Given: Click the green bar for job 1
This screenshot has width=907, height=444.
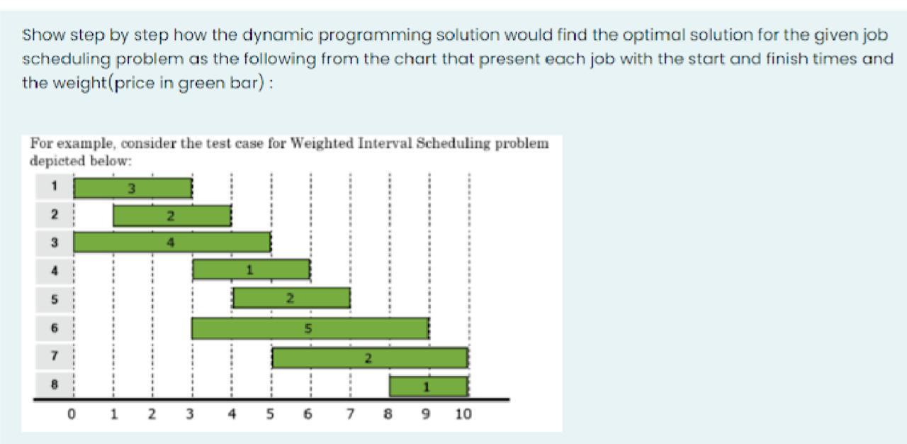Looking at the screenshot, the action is pos(133,189).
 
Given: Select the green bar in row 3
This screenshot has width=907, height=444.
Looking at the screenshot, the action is pos(172,243).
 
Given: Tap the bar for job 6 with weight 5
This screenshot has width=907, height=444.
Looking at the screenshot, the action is pos(310,328).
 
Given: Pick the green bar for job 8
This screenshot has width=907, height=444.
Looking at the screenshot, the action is pos(429,387).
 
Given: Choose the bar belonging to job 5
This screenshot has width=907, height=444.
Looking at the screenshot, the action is pos(291,298).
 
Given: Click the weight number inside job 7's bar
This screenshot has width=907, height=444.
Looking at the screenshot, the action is pos(368,358).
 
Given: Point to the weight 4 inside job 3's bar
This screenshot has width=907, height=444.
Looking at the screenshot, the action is pos(171,243).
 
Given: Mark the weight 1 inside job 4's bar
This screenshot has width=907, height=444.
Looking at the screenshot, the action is pos(250,270).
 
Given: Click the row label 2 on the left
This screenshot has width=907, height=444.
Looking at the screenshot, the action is pos(55,214).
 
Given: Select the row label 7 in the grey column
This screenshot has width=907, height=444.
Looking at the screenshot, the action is pos(55,355).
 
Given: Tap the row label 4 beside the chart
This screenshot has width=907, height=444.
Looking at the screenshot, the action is pos(55,270).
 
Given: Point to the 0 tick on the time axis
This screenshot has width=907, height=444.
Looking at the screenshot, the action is pos(72,414).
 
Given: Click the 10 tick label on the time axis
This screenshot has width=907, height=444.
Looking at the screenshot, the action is pos(463,414).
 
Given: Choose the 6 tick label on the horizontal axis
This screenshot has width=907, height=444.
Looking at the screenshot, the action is pos(308,414).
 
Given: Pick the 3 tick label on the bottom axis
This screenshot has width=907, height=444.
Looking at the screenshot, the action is pos(189,414).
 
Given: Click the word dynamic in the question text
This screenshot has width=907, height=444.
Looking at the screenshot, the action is pos(278,35).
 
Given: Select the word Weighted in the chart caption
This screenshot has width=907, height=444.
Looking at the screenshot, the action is pos(322,144).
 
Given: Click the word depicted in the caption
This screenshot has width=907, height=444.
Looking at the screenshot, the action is pos(57,161).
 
